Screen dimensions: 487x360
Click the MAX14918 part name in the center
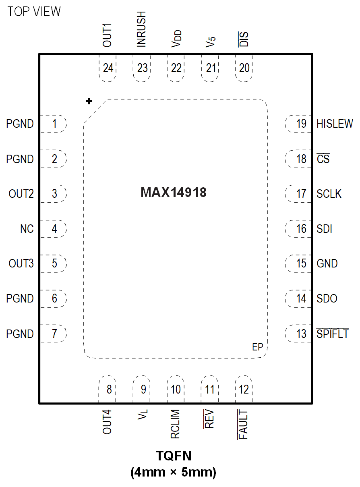(x=174, y=193)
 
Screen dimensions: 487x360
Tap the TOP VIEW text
(x=34, y=12)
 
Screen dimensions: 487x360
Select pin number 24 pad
(x=108, y=68)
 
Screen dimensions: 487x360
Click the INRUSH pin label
(x=141, y=29)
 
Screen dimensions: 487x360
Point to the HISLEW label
(x=335, y=124)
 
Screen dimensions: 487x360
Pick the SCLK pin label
(x=329, y=194)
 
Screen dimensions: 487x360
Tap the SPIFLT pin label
(x=333, y=334)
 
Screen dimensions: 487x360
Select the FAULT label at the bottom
(x=243, y=424)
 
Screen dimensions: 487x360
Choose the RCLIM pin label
(x=175, y=425)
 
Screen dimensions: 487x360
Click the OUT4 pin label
(x=107, y=422)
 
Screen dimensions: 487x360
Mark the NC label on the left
(x=27, y=229)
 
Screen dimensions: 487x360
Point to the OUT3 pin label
(x=21, y=264)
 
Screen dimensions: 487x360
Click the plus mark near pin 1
(x=89, y=101)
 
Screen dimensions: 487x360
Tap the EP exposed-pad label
(x=258, y=347)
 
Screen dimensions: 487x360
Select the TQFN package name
(x=174, y=456)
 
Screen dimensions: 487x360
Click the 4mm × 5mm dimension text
(x=174, y=472)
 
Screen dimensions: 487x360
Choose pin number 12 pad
(x=244, y=390)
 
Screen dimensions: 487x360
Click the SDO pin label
(x=327, y=299)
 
